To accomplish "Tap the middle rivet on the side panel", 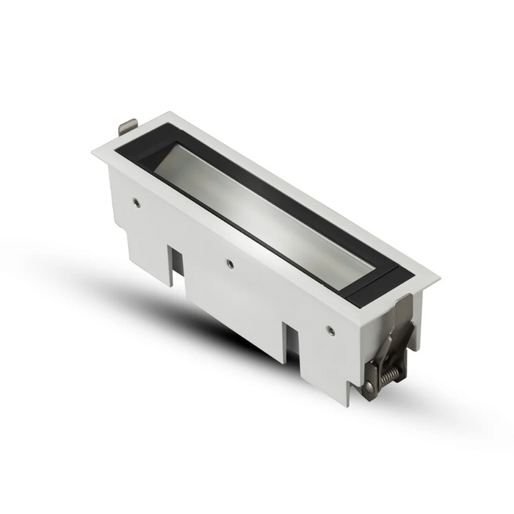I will pos(229,261).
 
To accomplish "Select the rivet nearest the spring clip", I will pos(330,328).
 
